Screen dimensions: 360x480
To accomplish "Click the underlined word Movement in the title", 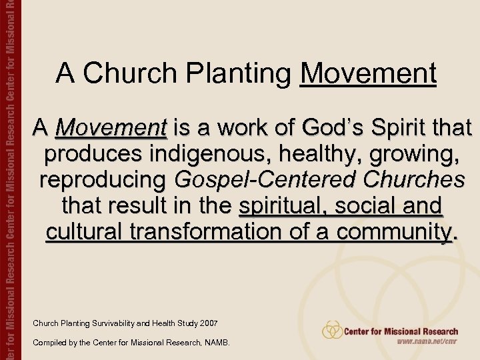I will click(x=368, y=73).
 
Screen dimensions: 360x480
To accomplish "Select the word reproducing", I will click(x=104, y=179).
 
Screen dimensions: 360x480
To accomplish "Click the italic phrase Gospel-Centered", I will click(x=261, y=179).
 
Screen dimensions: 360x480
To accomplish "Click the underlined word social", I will click(x=369, y=205).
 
